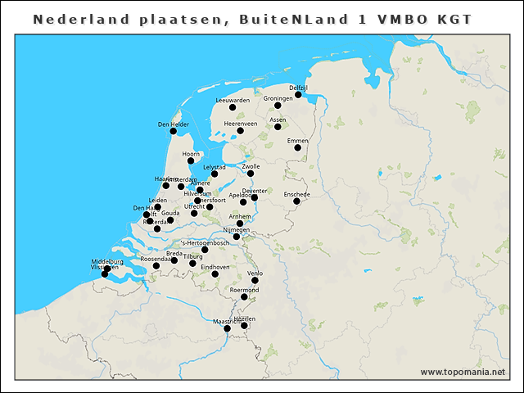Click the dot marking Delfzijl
point(298,94)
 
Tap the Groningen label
point(278,98)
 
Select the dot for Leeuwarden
point(232,107)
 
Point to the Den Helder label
point(174,124)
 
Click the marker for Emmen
point(297,148)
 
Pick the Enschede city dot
point(296,201)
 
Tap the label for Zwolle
point(251,166)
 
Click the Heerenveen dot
point(241,130)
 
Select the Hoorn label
point(191,153)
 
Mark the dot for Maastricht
point(227,328)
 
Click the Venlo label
point(255,273)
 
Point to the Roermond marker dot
point(244,296)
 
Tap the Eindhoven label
point(215,267)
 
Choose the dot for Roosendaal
point(156,266)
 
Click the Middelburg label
point(107,261)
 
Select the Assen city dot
point(278,126)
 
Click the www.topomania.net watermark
point(463,372)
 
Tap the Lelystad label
point(215,167)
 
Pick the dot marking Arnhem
point(240,224)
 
